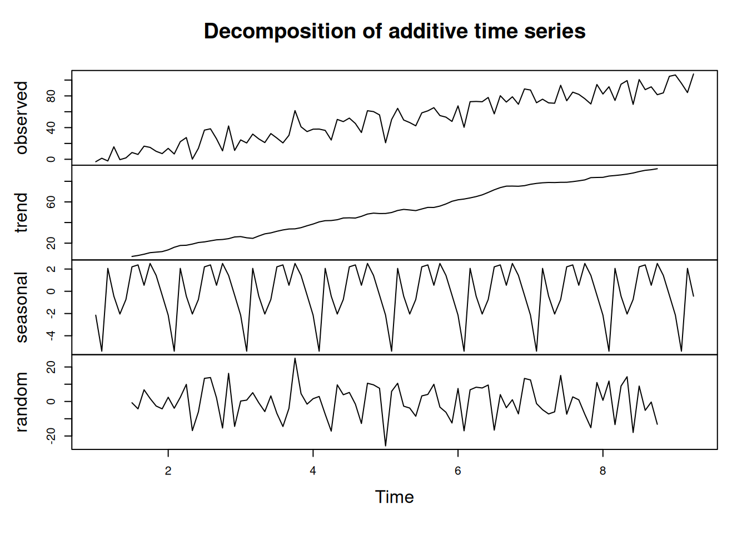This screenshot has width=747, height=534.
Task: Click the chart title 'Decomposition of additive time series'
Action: click(x=395, y=31)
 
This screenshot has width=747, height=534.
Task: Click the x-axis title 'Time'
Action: click(x=394, y=497)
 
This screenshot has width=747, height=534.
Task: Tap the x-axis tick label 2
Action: click(x=168, y=471)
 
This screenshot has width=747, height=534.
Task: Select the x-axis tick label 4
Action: click(x=313, y=471)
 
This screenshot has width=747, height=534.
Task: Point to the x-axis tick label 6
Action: click(x=458, y=471)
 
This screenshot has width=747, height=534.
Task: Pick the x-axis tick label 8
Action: click(x=602, y=471)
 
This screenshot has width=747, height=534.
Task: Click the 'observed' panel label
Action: click(x=22, y=118)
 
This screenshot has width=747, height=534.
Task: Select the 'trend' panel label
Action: click(x=22, y=212)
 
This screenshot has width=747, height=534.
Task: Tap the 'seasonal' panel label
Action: click(x=22, y=307)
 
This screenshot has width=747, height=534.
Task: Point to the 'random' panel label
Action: click(x=22, y=402)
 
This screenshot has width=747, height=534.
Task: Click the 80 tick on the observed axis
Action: click(x=52, y=96)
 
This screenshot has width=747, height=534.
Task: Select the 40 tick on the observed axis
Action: click(x=52, y=128)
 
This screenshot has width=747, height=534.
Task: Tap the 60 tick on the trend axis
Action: click(x=52, y=201)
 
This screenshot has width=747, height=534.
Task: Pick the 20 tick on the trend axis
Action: click(x=52, y=243)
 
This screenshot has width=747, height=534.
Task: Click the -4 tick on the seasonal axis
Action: click(x=52, y=335)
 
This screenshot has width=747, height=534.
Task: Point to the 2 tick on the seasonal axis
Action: click(x=52, y=269)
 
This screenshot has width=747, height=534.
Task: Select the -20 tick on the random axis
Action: click(x=52, y=436)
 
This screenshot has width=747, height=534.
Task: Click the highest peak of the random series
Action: click(x=295, y=358)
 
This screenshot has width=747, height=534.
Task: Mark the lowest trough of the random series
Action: click(x=386, y=446)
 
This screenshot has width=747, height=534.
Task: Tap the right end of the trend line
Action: click(x=657, y=169)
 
